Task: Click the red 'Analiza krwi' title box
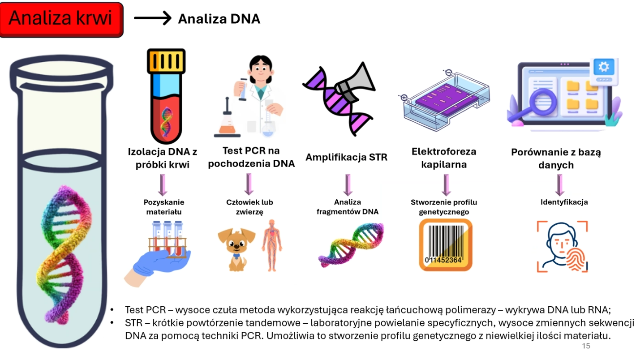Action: pyautogui.click(x=62, y=19)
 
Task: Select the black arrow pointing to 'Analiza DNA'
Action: pyautogui.click(x=153, y=18)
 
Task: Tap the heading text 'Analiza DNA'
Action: pyautogui.click(x=219, y=19)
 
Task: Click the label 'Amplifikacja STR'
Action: pyautogui.click(x=346, y=157)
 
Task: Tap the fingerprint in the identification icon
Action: pyautogui.click(x=575, y=259)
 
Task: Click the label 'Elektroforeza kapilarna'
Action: pyautogui.click(x=444, y=158)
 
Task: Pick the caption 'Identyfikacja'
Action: pyautogui.click(x=564, y=202)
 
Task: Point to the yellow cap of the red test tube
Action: pyautogui.click(x=166, y=61)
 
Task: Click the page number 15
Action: pyautogui.click(x=586, y=346)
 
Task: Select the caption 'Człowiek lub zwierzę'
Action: pyautogui.click(x=249, y=206)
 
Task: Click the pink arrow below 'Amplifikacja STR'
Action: pyautogui.click(x=347, y=184)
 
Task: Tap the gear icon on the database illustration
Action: pyautogui.click(x=603, y=67)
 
